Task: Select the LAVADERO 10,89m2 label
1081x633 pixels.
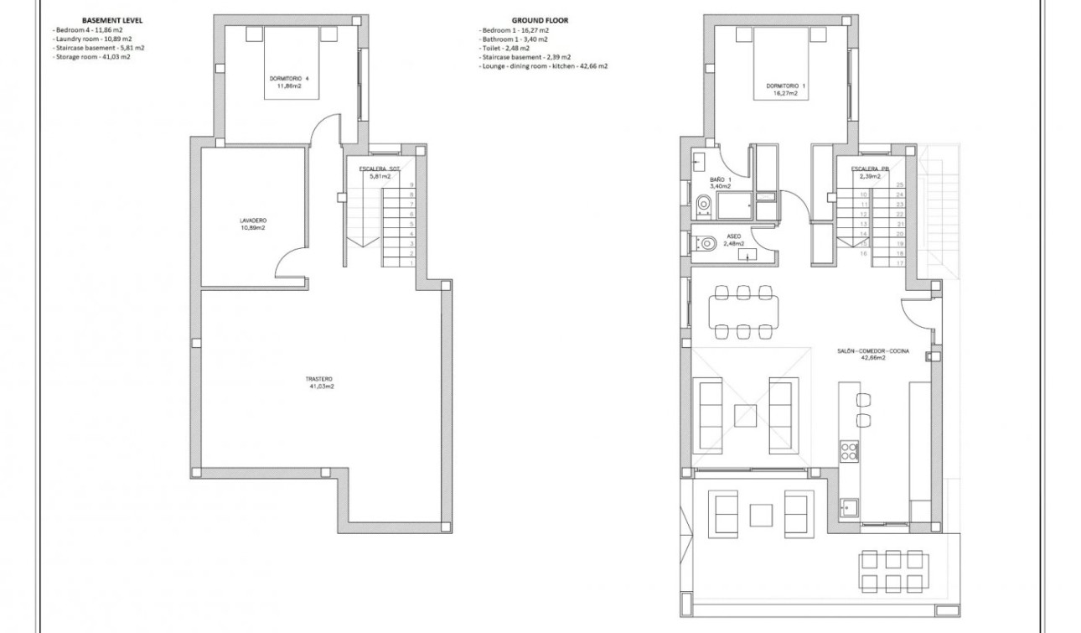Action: pyautogui.click(x=252, y=224)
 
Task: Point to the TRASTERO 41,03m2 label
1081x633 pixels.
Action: pyautogui.click(x=319, y=382)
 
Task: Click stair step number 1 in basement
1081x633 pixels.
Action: pyautogui.click(x=411, y=263)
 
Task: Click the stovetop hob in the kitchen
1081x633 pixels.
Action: pyautogui.click(x=849, y=451)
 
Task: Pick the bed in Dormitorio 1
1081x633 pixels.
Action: pyautogui.click(x=783, y=67)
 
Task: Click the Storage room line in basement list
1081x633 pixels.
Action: pyautogui.click(x=91, y=57)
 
